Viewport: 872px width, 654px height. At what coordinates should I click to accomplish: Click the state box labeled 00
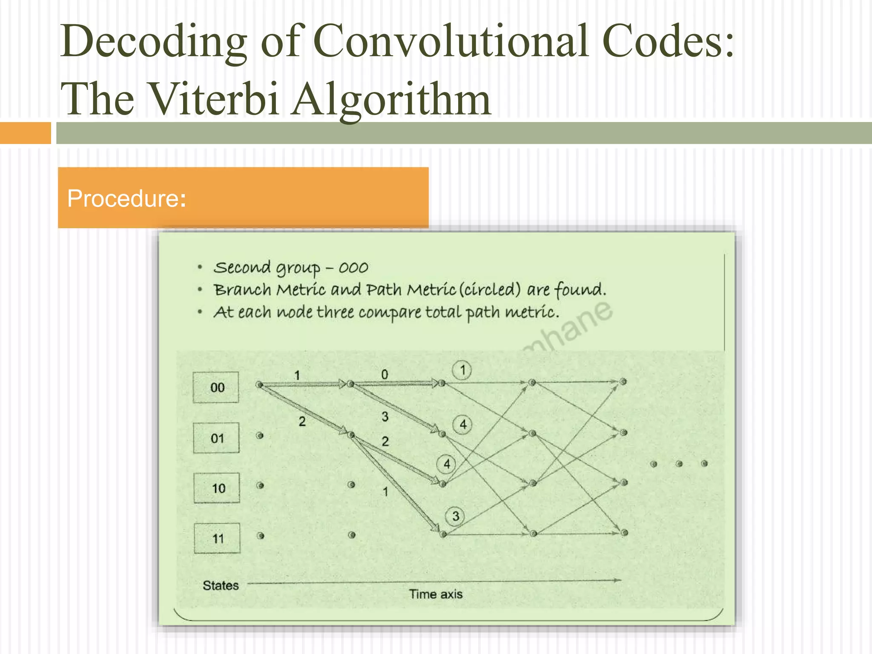pos(216,387)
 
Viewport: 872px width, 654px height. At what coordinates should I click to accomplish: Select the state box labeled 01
pos(216,438)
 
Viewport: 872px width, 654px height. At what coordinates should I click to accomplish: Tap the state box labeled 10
pos(217,488)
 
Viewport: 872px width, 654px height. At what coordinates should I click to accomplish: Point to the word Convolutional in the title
pos(452,41)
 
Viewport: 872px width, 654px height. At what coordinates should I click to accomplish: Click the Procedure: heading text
pos(126,198)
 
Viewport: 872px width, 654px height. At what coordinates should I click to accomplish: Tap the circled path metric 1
pos(462,370)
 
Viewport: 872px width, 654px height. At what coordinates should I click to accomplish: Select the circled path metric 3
pos(455,516)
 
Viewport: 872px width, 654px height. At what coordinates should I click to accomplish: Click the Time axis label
pos(436,594)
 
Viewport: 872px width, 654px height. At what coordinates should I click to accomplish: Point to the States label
pos(221,585)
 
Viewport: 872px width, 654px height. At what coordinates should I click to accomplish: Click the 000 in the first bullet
pos(353,268)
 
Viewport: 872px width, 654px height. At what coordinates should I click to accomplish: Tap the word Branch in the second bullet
pos(242,290)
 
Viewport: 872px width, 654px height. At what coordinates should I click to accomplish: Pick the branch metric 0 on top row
pos(384,375)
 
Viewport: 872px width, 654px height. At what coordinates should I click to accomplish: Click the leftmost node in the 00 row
pos(259,385)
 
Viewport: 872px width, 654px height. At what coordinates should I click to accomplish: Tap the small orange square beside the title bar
pos(25,133)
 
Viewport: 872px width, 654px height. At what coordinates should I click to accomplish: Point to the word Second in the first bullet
pos(242,268)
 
